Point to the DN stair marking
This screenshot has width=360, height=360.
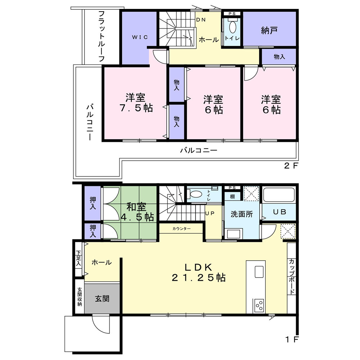point(201,20)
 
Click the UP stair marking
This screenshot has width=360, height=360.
point(210,213)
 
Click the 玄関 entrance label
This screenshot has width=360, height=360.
point(102,298)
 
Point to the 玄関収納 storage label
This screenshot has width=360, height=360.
point(80,297)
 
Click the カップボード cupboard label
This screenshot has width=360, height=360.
point(292,276)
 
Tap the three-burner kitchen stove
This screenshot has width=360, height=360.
point(259,305)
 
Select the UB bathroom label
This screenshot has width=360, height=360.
point(279,212)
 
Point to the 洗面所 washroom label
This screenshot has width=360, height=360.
point(242,214)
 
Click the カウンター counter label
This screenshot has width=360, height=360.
point(181,229)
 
